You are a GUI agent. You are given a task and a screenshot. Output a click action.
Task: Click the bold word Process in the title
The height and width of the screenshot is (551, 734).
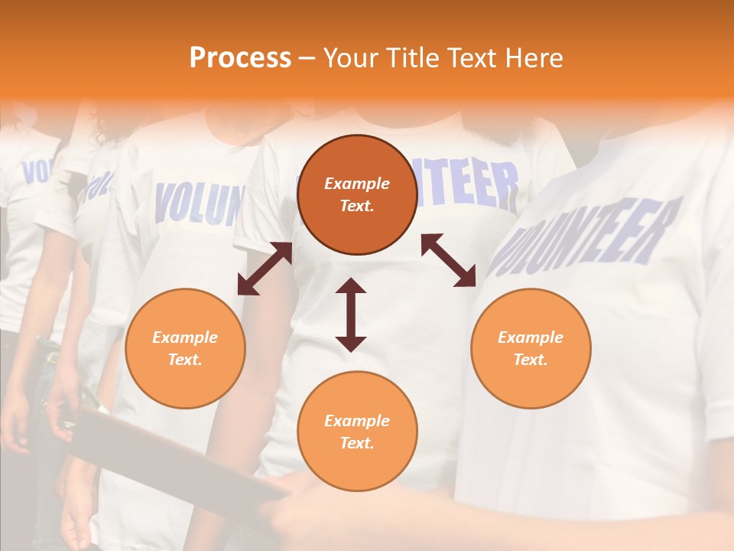click(240, 58)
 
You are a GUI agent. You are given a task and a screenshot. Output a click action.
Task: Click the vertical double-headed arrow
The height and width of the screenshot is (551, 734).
click(351, 315)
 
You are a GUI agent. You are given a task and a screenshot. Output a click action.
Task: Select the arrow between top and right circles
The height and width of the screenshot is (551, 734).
click(448, 260)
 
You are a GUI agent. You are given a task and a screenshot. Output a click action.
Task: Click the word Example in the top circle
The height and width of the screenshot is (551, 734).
click(357, 184)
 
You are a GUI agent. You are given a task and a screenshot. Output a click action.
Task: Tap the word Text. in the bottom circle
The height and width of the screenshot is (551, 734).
click(357, 443)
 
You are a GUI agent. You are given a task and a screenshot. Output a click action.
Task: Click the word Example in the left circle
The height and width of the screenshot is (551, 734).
click(185, 337)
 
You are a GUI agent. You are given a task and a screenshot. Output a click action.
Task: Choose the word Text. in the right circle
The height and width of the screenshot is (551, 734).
click(531, 360)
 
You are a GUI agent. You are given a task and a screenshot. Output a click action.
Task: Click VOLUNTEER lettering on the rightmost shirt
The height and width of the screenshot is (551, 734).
click(585, 237)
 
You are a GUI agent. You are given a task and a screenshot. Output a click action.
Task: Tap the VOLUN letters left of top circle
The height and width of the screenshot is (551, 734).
click(199, 203)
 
